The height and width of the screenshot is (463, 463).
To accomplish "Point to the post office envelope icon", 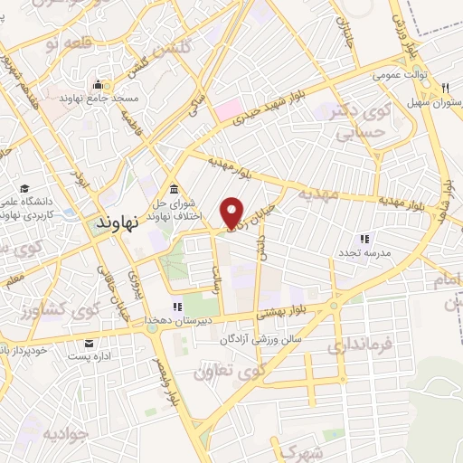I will click(x=90, y=343).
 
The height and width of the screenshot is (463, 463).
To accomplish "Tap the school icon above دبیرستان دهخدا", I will click(x=177, y=306).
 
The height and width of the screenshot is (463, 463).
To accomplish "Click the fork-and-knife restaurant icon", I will click(x=444, y=88).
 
